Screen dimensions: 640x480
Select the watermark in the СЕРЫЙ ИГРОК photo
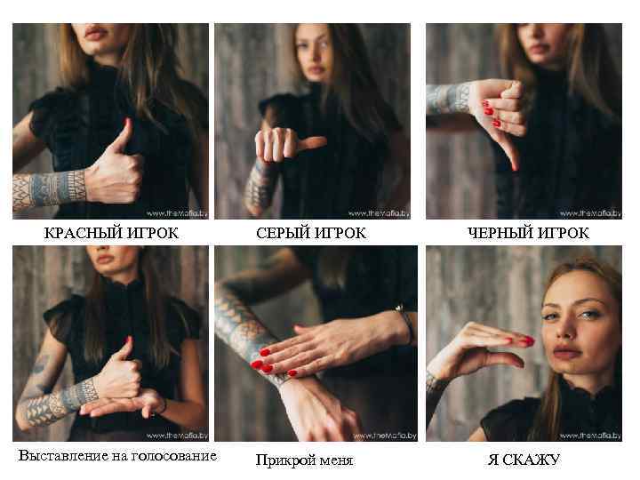[379, 213]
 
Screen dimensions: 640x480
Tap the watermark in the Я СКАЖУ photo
[590, 436]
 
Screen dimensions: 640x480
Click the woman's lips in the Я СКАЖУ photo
[566, 352]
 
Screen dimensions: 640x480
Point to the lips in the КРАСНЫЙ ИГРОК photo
[96, 34]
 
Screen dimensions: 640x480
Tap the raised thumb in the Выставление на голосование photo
[127, 350]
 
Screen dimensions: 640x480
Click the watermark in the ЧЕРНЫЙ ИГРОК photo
[590, 213]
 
